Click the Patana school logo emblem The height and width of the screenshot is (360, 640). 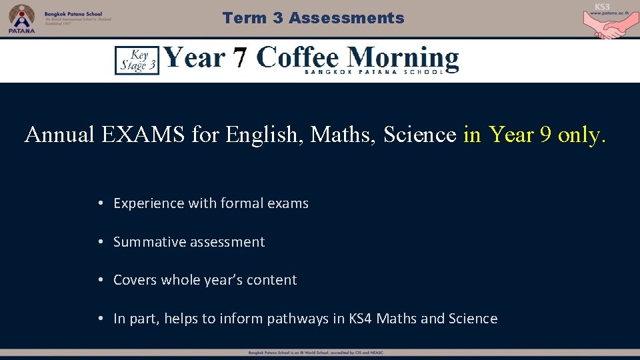click(x=21, y=17)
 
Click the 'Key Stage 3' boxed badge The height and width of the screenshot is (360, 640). click(x=137, y=60)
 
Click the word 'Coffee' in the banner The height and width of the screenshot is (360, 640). click(x=297, y=57)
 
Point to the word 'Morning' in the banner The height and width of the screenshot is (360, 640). click(x=403, y=59)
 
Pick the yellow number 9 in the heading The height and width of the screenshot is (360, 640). click(x=545, y=135)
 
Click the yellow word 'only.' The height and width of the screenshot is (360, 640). click(x=582, y=135)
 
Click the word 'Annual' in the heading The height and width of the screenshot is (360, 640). click(x=59, y=135)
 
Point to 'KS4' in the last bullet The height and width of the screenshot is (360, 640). click(x=361, y=319)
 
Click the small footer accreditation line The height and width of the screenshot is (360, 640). click(x=315, y=353)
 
